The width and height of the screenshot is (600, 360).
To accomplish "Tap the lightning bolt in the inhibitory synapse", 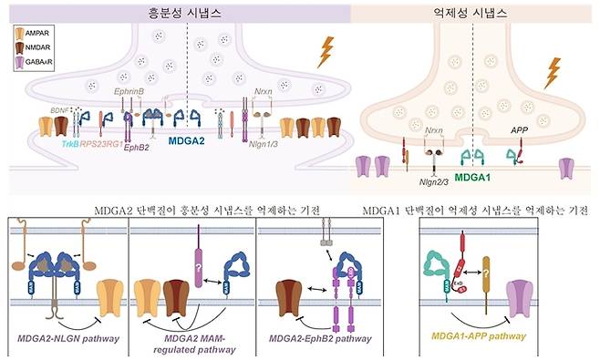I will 551,73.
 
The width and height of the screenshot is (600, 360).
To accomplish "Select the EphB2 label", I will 140,146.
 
